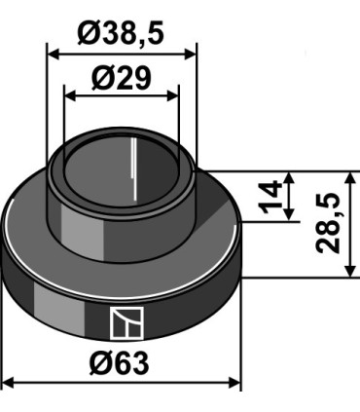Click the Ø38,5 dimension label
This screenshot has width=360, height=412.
pos(121,33)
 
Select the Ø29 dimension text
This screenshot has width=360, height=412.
pos(122,78)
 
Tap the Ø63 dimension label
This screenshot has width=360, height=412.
pos(120,363)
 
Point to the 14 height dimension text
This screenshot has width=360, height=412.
pos(270,198)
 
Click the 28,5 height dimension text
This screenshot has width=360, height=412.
pos(328,223)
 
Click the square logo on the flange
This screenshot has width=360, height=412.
pos(126,323)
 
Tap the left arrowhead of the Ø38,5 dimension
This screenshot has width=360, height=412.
pos(54,55)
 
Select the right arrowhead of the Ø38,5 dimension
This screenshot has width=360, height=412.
pos(190,55)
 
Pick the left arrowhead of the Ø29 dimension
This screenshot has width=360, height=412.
pos(71,96)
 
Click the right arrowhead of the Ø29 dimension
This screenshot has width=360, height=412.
pos(172,96)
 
